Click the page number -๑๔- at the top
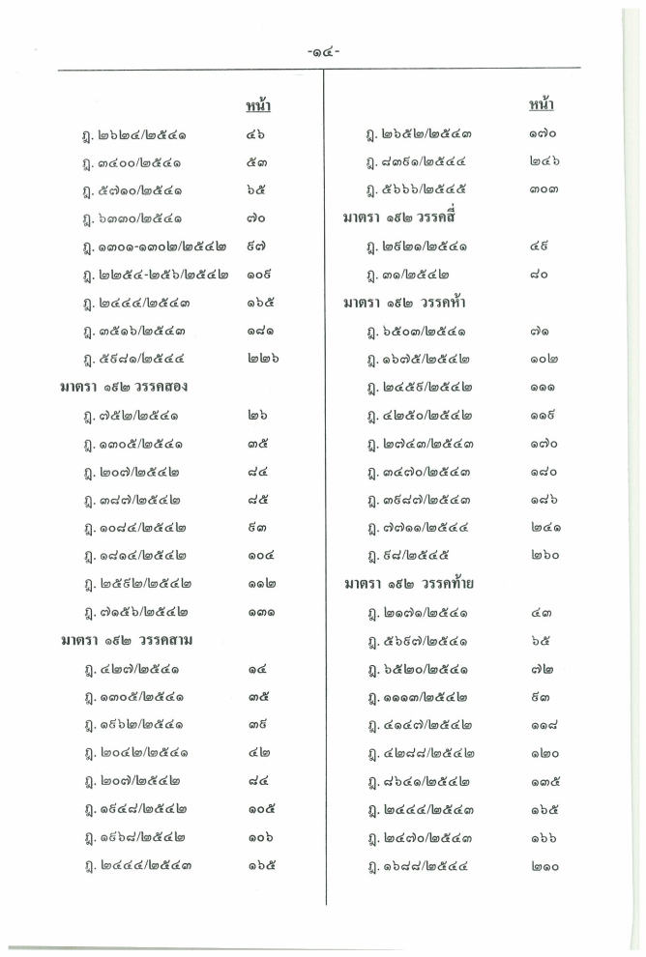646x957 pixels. tap(322, 55)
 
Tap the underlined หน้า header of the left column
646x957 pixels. tap(255, 105)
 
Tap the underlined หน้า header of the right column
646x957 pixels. tap(542, 104)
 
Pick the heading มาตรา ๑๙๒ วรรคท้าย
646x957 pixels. tap(403, 585)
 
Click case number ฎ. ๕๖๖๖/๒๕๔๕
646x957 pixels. tap(420, 189)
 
